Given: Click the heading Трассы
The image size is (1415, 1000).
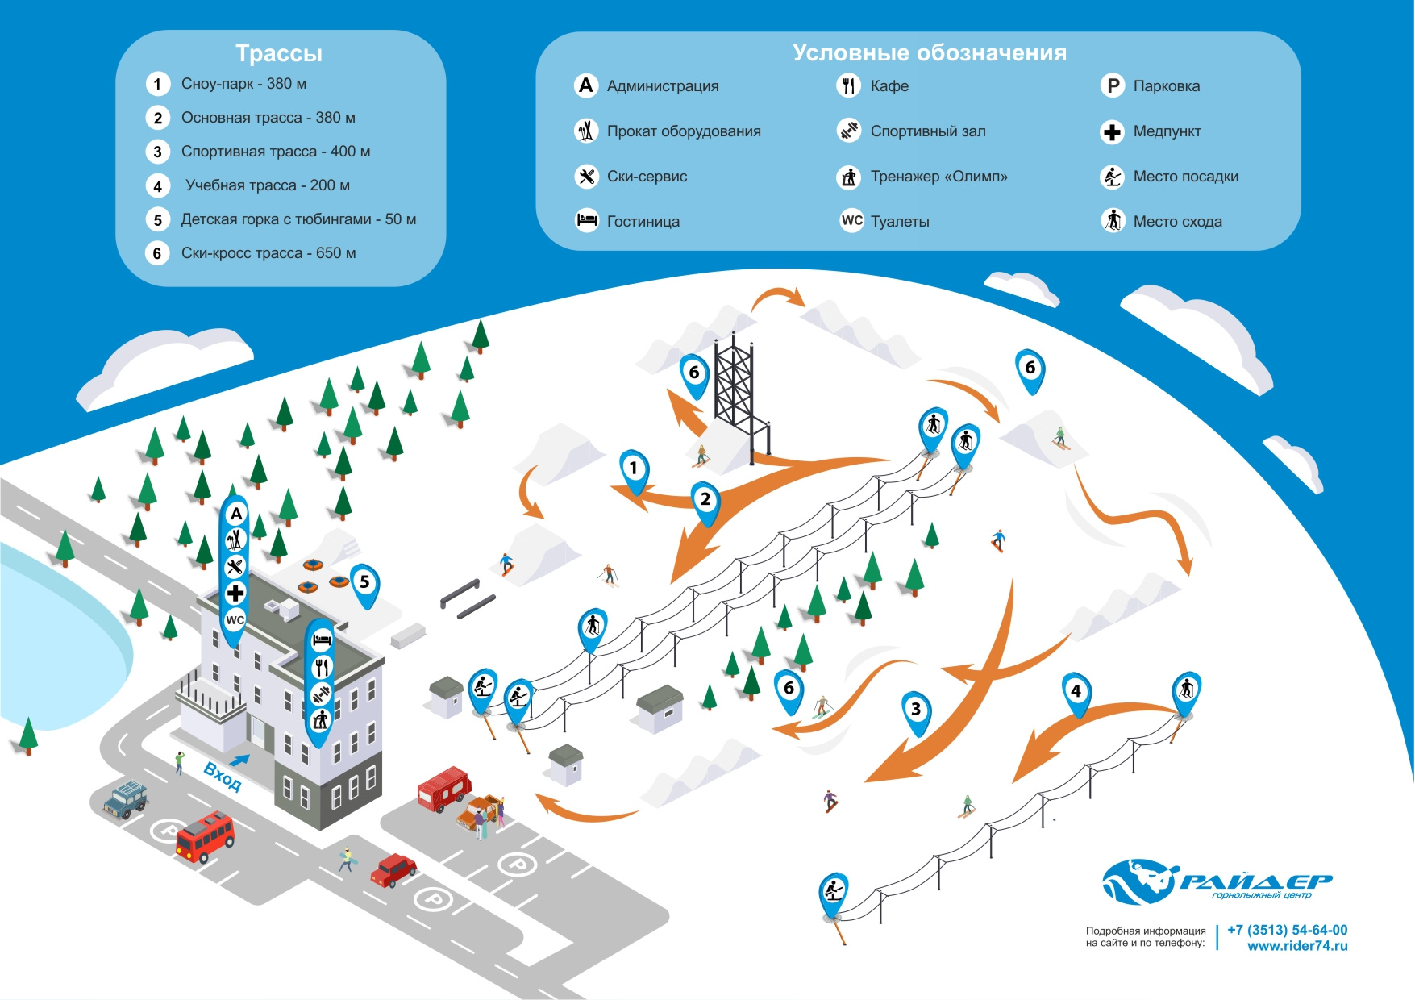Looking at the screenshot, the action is coord(279,53).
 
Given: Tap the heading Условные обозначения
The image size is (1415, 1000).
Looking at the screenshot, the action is coord(929,53).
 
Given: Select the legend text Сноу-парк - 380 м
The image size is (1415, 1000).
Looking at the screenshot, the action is coord(243,84).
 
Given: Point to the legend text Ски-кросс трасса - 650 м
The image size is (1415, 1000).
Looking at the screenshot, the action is coord(268,253).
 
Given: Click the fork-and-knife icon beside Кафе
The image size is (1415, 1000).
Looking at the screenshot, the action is coord(848,85).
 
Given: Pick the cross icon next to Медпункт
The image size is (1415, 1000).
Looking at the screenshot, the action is coord(1113,131).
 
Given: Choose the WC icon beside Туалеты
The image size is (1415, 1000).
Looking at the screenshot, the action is coord(852,221).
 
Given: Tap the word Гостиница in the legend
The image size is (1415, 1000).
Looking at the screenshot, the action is coord(643,222).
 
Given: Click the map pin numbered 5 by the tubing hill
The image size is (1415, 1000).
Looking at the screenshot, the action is coord(364,585).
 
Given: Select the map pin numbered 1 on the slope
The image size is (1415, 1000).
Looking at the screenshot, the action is coord(634,471).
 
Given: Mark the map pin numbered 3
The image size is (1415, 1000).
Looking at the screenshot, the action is coord(916,712).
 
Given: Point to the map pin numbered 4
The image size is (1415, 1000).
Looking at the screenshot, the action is coord(1076,694).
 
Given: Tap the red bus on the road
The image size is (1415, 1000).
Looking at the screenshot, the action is coord(205,836).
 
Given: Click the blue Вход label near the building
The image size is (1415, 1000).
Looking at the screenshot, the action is coord(223,776).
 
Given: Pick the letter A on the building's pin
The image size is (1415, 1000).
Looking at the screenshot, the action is coord(236,514).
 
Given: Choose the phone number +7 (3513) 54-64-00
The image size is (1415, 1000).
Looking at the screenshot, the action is coord(1287,930).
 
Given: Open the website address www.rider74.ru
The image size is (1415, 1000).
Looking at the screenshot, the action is coord(1297,946).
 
